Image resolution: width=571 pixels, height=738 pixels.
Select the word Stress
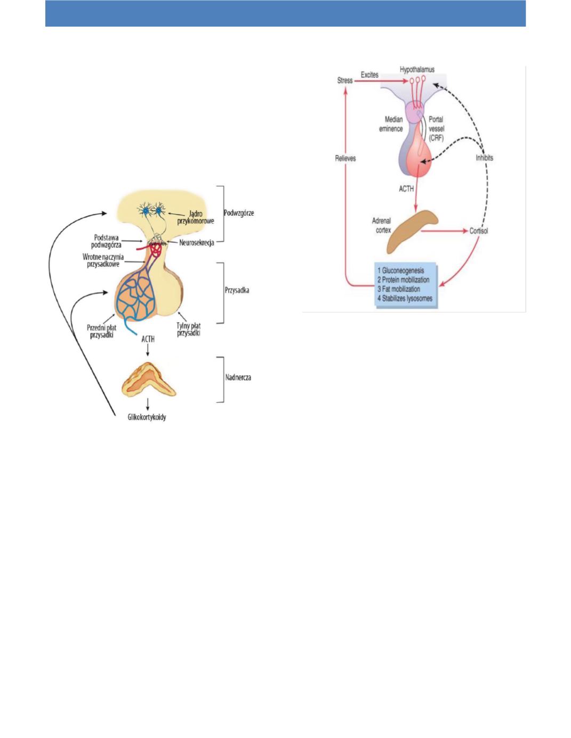coord(345,80)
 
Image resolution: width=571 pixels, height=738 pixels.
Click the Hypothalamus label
coord(417,69)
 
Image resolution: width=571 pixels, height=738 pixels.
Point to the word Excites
coord(369,75)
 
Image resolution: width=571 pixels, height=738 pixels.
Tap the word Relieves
coord(345,158)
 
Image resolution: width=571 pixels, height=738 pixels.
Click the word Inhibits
coord(485,158)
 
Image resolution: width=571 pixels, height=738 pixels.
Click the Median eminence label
coord(391,124)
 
